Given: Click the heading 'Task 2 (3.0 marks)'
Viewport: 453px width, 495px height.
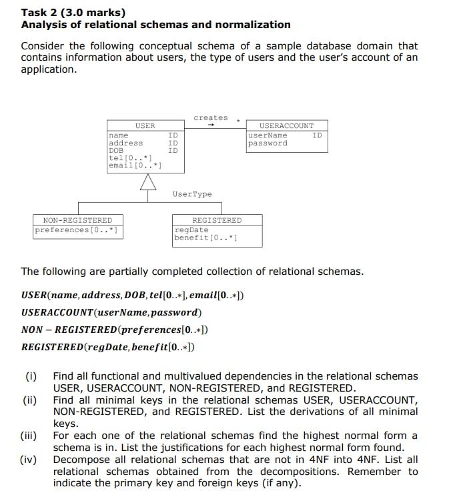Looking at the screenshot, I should pos(73,12).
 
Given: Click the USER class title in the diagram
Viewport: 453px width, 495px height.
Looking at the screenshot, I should pos(145,125).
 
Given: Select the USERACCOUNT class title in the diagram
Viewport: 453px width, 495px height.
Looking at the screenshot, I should pos(286,125).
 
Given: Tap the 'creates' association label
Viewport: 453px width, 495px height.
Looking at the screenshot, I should pos(210,117).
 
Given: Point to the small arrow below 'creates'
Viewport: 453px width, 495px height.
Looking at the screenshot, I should pos(210,125).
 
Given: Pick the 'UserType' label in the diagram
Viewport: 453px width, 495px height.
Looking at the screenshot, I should pos(192,194).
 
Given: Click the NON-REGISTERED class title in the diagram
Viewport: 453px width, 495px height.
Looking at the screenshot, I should pos(77,220).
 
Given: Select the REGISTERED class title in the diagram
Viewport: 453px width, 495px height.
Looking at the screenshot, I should pos(217,220).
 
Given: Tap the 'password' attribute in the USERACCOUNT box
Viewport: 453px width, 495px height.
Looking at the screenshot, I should pos(268,143).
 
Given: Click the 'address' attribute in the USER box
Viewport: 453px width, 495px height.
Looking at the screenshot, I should pos(125,143).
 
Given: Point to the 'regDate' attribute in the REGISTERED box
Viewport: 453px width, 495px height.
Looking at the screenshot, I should pos(191,230).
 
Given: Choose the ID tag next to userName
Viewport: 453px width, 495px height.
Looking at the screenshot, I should pos(317,135).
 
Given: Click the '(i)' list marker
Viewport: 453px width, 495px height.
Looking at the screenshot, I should pos(31,376).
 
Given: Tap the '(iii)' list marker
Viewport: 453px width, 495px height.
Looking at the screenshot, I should pos(29,436).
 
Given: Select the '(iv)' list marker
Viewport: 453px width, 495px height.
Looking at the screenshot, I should pos(29,460).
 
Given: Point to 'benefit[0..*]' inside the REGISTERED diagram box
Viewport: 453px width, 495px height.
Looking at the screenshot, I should pos(205,237).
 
